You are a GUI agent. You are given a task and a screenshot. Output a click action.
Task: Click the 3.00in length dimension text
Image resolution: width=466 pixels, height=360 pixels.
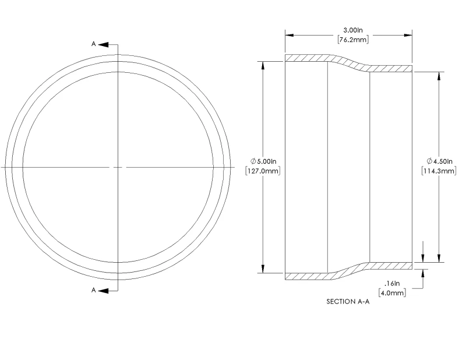pyautogui.click(x=353, y=30)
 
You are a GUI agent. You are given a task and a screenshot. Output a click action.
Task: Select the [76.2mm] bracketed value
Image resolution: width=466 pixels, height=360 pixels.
pyautogui.click(x=353, y=40)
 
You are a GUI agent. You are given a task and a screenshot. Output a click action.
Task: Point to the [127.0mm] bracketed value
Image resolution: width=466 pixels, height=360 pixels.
pyautogui.click(x=263, y=171)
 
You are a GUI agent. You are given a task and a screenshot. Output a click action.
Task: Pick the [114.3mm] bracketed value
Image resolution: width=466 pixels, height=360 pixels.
pyautogui.click(x=439, y=171)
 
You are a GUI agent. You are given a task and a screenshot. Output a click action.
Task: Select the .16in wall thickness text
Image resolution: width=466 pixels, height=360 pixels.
pyautogui.click(x=392, y=283)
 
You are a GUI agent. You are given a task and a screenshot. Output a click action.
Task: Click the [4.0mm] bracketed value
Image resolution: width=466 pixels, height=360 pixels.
pyautogui.click(x=392, y=293)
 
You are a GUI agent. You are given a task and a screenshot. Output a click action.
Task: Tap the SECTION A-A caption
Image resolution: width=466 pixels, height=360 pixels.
pyautogui.click(x=348, y=301)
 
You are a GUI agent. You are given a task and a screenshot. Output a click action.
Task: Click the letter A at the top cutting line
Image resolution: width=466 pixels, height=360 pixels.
pyautogui.click(x=93, y=44)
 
